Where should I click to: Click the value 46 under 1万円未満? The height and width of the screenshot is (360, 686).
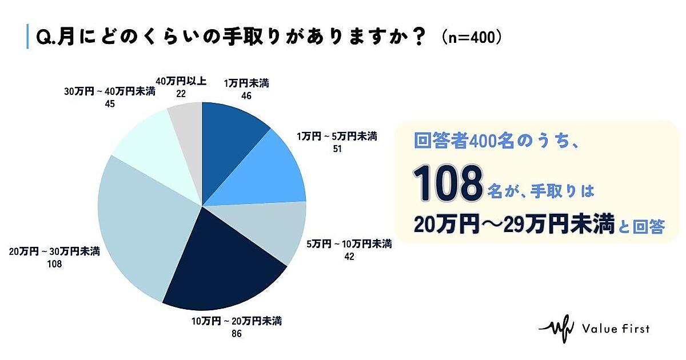[246, 97]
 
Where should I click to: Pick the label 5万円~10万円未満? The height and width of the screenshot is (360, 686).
[349, 245]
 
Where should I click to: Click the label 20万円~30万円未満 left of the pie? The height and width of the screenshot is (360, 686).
[55, 252]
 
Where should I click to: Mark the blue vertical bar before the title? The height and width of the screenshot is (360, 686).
[27, 37]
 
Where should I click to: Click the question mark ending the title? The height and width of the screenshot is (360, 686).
[418, 37]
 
